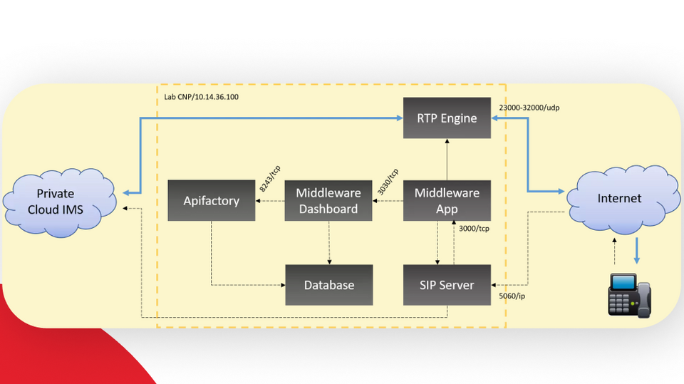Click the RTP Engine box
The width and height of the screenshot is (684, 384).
(x=447, y=118)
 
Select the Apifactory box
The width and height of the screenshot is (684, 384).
(x=211, y=200)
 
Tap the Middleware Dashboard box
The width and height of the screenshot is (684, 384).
(x=328, y=200)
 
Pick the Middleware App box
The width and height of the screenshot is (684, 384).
(x=447, y=200)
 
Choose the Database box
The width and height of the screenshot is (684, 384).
(x=328, y=284)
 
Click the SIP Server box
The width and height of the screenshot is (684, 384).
(x=447, y=284)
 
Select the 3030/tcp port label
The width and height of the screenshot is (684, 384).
(x=389, y=181)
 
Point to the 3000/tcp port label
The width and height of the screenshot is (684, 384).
(x=474, y=228)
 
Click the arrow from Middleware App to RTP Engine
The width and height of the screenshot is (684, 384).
(x=447, y=160)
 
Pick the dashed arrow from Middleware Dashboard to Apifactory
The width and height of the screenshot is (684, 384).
(x=270, y=201)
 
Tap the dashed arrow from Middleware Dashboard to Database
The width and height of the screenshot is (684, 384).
(x=328, y=242)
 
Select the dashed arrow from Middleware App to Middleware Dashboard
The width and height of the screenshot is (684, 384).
(x=388, y=201)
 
